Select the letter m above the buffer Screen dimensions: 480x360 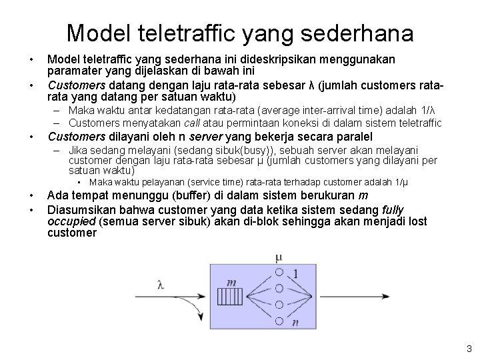pos(231,283)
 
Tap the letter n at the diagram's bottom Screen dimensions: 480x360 pos(294,322)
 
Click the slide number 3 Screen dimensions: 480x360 pos(469,348)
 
